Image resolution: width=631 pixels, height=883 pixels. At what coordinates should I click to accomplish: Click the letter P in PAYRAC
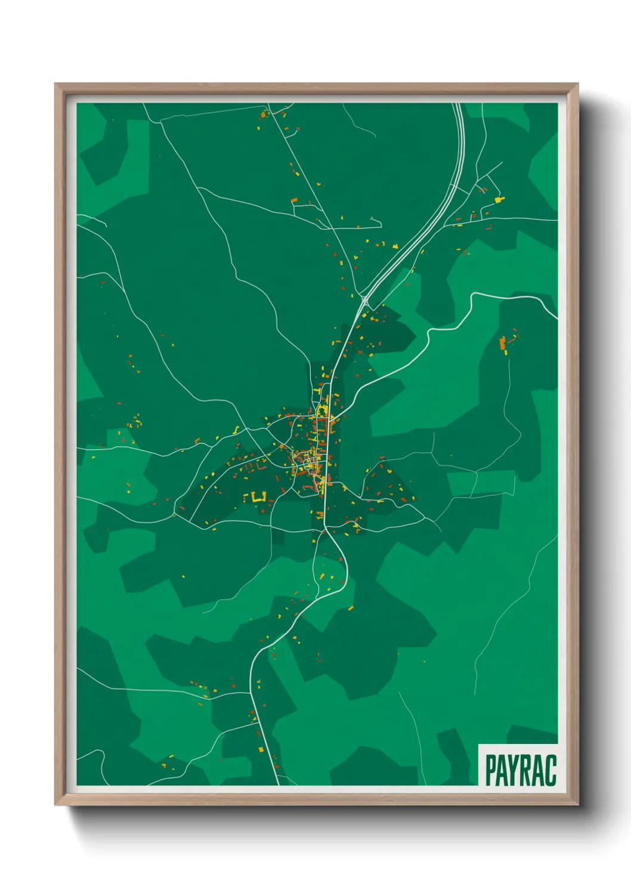[x=491, y=770]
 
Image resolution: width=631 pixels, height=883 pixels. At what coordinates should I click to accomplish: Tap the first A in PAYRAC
[x=504, y=770]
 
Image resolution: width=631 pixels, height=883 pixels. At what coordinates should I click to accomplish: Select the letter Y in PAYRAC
[x=516, y=770]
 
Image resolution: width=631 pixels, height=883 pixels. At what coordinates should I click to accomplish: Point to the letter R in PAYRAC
[x=528, y=770]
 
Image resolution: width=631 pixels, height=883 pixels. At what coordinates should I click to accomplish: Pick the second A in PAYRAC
[x=540, y=770]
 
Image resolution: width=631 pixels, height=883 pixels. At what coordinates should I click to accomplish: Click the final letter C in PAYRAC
[x=551, y=770]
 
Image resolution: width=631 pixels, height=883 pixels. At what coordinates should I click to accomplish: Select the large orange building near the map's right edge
[x=503, y=343]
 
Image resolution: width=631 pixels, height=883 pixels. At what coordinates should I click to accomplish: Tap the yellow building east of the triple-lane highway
[x=499, y=199]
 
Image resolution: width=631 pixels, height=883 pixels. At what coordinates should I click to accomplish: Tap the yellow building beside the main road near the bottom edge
[x=261, y=749]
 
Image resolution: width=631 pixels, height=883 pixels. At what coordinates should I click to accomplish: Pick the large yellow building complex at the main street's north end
[x=323, y=410]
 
